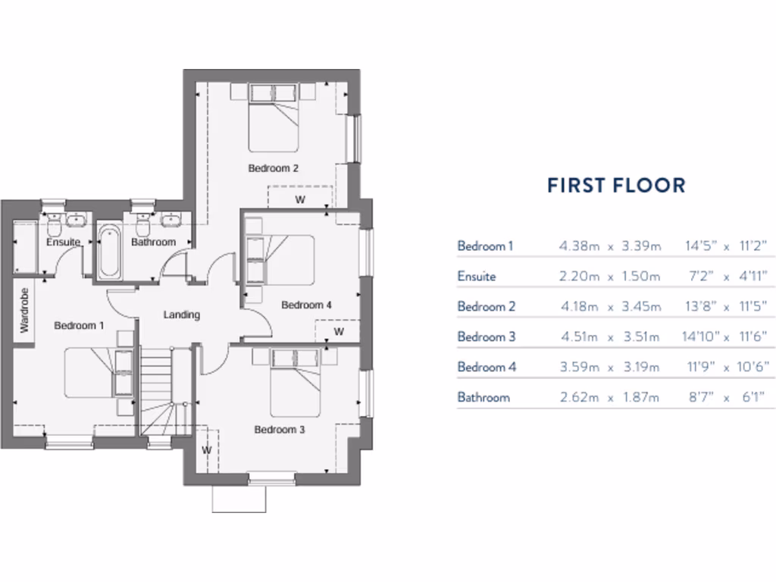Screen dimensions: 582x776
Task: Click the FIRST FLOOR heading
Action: point(616,185)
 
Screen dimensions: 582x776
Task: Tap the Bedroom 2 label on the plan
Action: point(273,168)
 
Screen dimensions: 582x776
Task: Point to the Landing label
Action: point(182,314)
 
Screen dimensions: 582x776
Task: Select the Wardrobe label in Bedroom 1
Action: point(24,309)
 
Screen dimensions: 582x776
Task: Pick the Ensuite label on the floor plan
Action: point(63,242)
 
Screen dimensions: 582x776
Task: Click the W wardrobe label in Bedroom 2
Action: point(300,201)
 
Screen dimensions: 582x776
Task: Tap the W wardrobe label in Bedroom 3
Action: point(205,449)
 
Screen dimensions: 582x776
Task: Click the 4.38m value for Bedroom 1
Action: point(579,246)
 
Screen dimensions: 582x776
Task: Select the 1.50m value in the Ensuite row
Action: point(640,276)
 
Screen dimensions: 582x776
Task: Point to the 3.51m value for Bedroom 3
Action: point(640,336)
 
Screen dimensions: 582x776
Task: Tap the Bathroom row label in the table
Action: point(483,397)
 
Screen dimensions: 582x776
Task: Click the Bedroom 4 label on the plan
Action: point(306,305)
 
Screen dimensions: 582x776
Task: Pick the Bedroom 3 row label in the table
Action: point(486,336)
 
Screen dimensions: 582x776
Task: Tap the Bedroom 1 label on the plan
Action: point(79,326)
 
